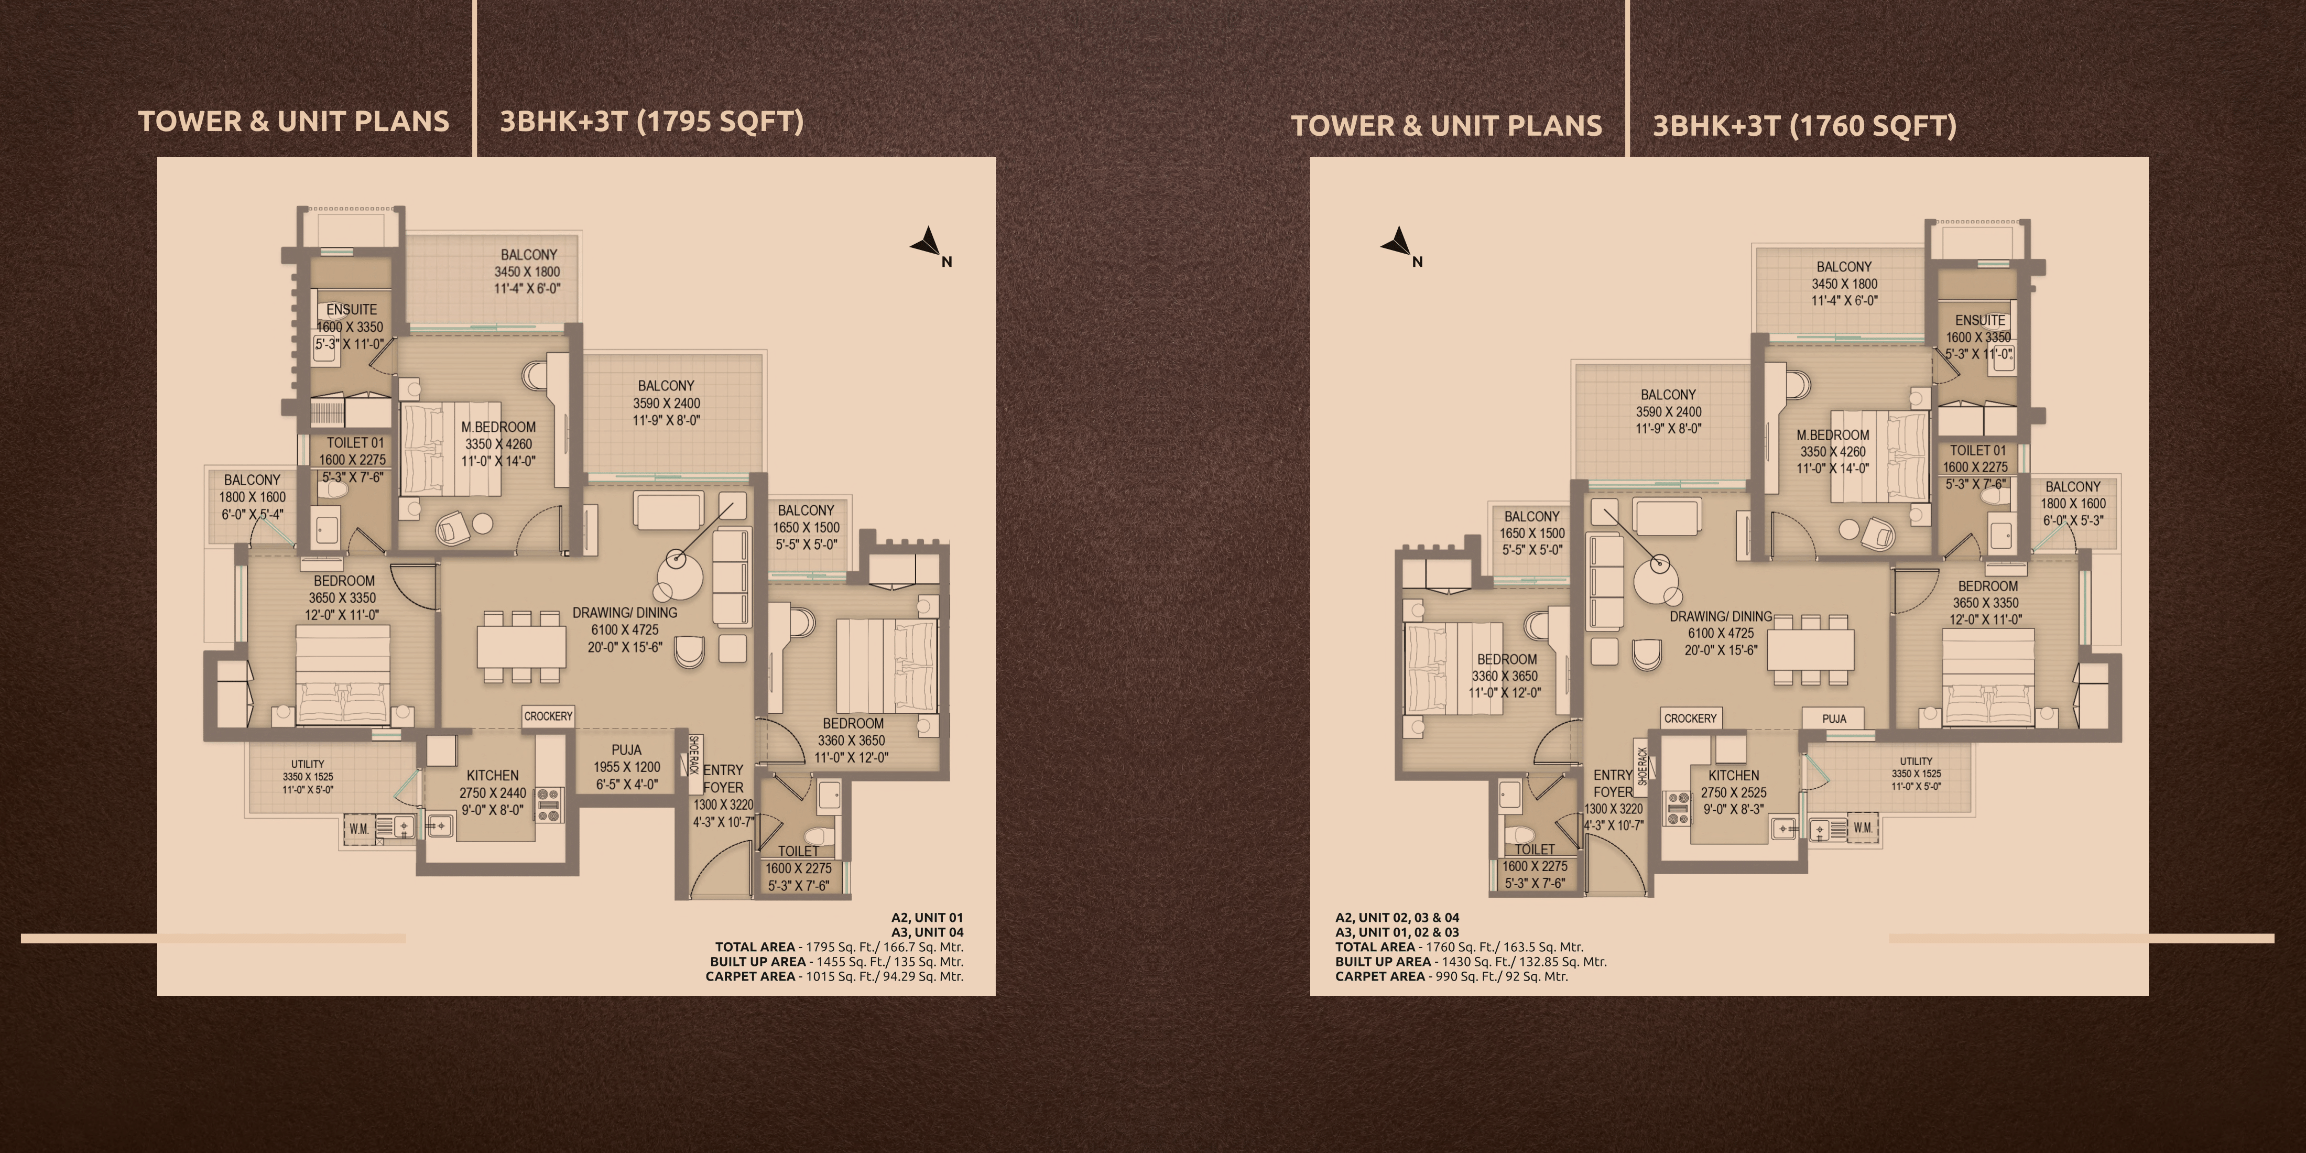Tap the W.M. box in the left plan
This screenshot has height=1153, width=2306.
[x=359, y=829]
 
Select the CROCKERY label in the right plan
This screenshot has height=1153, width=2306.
[x=1690, y=718]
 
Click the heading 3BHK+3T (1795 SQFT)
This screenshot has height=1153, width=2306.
[x=651, y=122]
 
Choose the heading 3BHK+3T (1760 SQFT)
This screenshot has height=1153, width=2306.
[x=1804, y=125]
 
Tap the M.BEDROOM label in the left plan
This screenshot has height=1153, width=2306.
[x=498, y=427]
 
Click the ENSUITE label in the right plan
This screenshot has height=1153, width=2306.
[x=1980, y=320]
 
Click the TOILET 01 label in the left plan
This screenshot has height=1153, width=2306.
[x=354, y=442]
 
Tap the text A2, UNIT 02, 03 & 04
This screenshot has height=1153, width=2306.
[x=1397, y=918]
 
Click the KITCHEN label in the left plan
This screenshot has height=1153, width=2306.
[x=492, y=775]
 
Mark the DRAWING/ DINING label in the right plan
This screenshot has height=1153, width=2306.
[x=1721, y=617]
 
